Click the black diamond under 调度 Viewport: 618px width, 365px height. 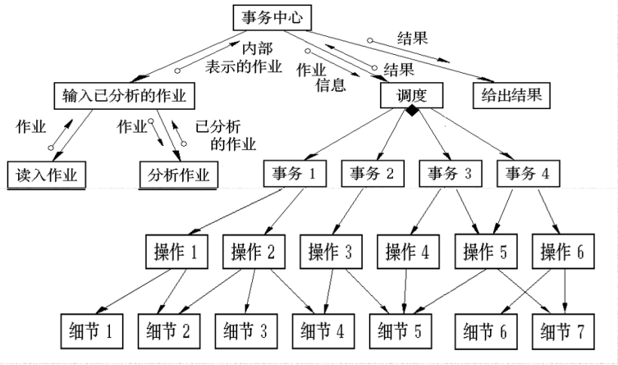(413, 111)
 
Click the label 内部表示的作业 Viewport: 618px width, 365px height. (244, 57)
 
